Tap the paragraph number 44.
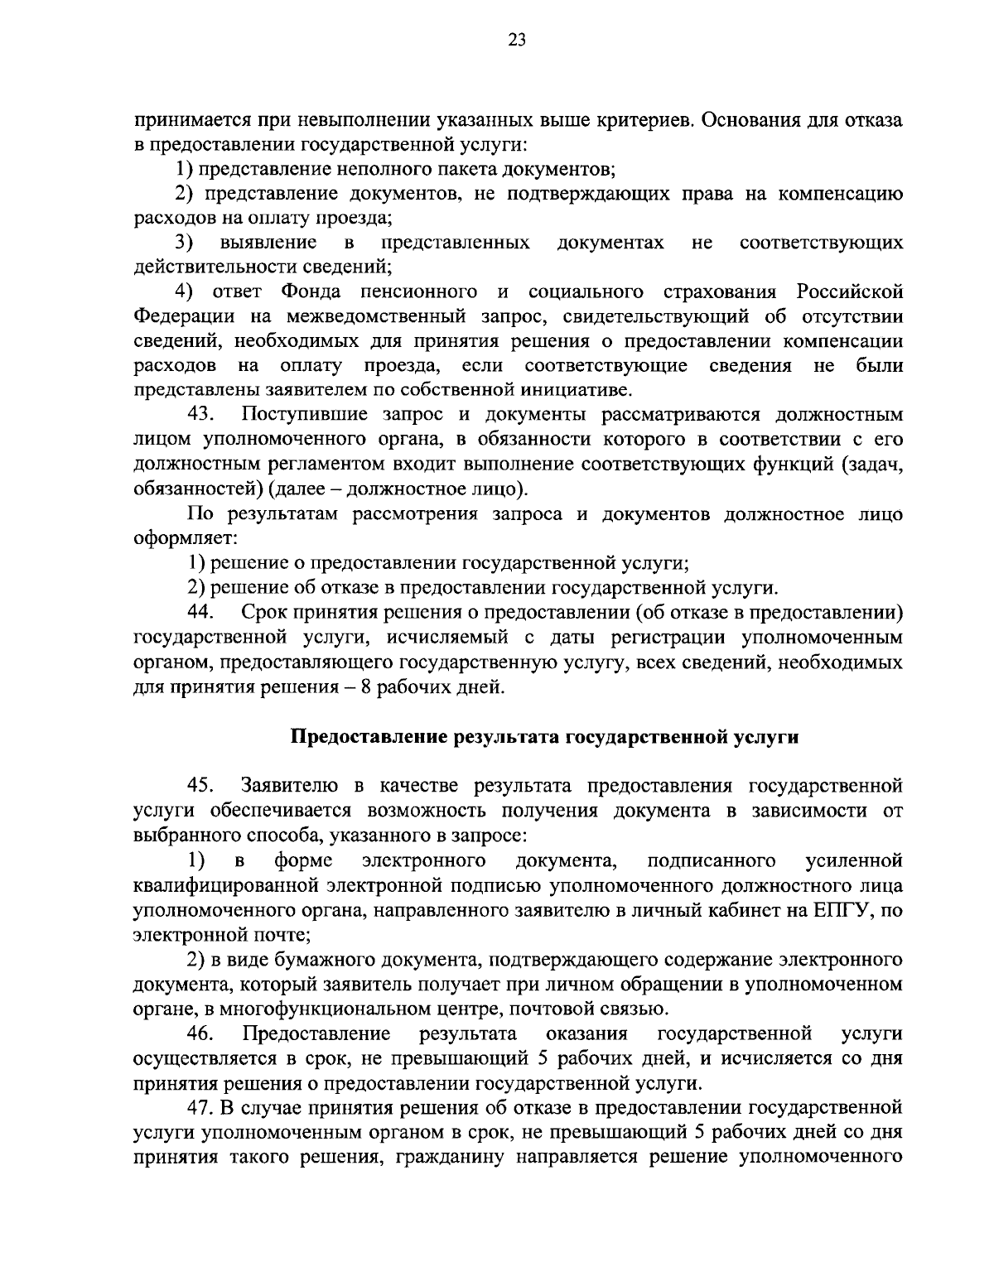pyautogui.click(x=202, y=613)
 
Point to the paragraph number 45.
pyautogui.click(x=202, y=785)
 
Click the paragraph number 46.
pyautogui.click(x=202, y=1033)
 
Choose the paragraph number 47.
pyautogui.click(x=202, y=1107)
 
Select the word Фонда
pyautogui.click(x=310, y=291)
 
